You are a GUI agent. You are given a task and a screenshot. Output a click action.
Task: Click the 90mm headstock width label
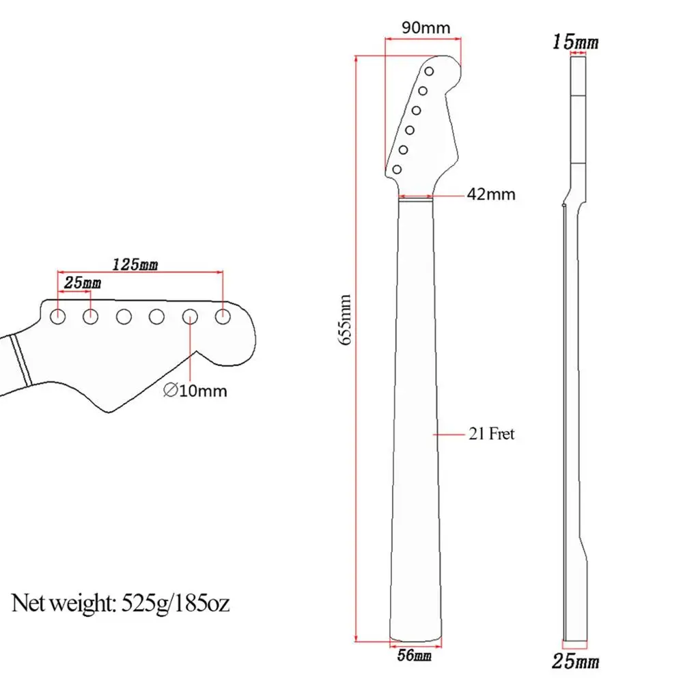click(x=426, y=28)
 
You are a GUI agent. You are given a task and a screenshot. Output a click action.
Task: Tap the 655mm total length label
click(x=346, y=319)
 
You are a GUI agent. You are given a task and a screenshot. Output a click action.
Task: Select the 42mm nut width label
click(x=491, y=195)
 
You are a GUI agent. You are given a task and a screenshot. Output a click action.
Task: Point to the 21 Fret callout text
click(x=491, y=434)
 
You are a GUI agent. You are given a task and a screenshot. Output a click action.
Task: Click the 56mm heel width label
click(x=414, y=656)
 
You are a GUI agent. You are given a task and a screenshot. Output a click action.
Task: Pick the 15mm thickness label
click(x=576, y=42)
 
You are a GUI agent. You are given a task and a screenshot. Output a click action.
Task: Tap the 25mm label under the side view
click(x=576, y=661)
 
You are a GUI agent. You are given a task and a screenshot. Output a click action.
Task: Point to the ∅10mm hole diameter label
click(x=195, y=391)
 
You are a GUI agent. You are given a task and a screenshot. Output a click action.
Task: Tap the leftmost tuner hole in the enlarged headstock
click(x=58, y=316)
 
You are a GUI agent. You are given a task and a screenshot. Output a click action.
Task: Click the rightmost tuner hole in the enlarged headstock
click(x=223, y=316)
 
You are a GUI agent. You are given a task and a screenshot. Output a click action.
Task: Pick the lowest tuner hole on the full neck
click(x=397, y=169)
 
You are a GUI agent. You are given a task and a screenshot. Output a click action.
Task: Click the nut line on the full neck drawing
click(x=415, y=197)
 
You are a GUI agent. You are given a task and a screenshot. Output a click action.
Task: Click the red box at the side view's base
click(x=576, y=643)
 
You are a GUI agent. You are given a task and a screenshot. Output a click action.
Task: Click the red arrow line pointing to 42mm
click(x=447, y=195)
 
